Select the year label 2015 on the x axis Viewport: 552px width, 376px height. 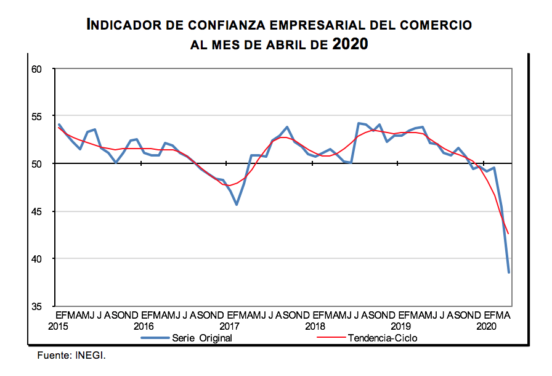58,326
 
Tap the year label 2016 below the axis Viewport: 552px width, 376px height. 144,326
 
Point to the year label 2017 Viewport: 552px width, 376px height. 229,326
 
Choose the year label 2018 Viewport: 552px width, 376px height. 315,326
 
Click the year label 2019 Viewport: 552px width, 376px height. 400,326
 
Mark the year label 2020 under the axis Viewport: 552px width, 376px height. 486,326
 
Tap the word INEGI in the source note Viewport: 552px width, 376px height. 93,356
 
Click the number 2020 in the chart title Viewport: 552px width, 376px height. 350,44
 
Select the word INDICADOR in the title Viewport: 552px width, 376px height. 123,25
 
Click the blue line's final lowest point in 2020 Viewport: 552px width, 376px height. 509,272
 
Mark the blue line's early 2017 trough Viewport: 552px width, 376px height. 237,204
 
